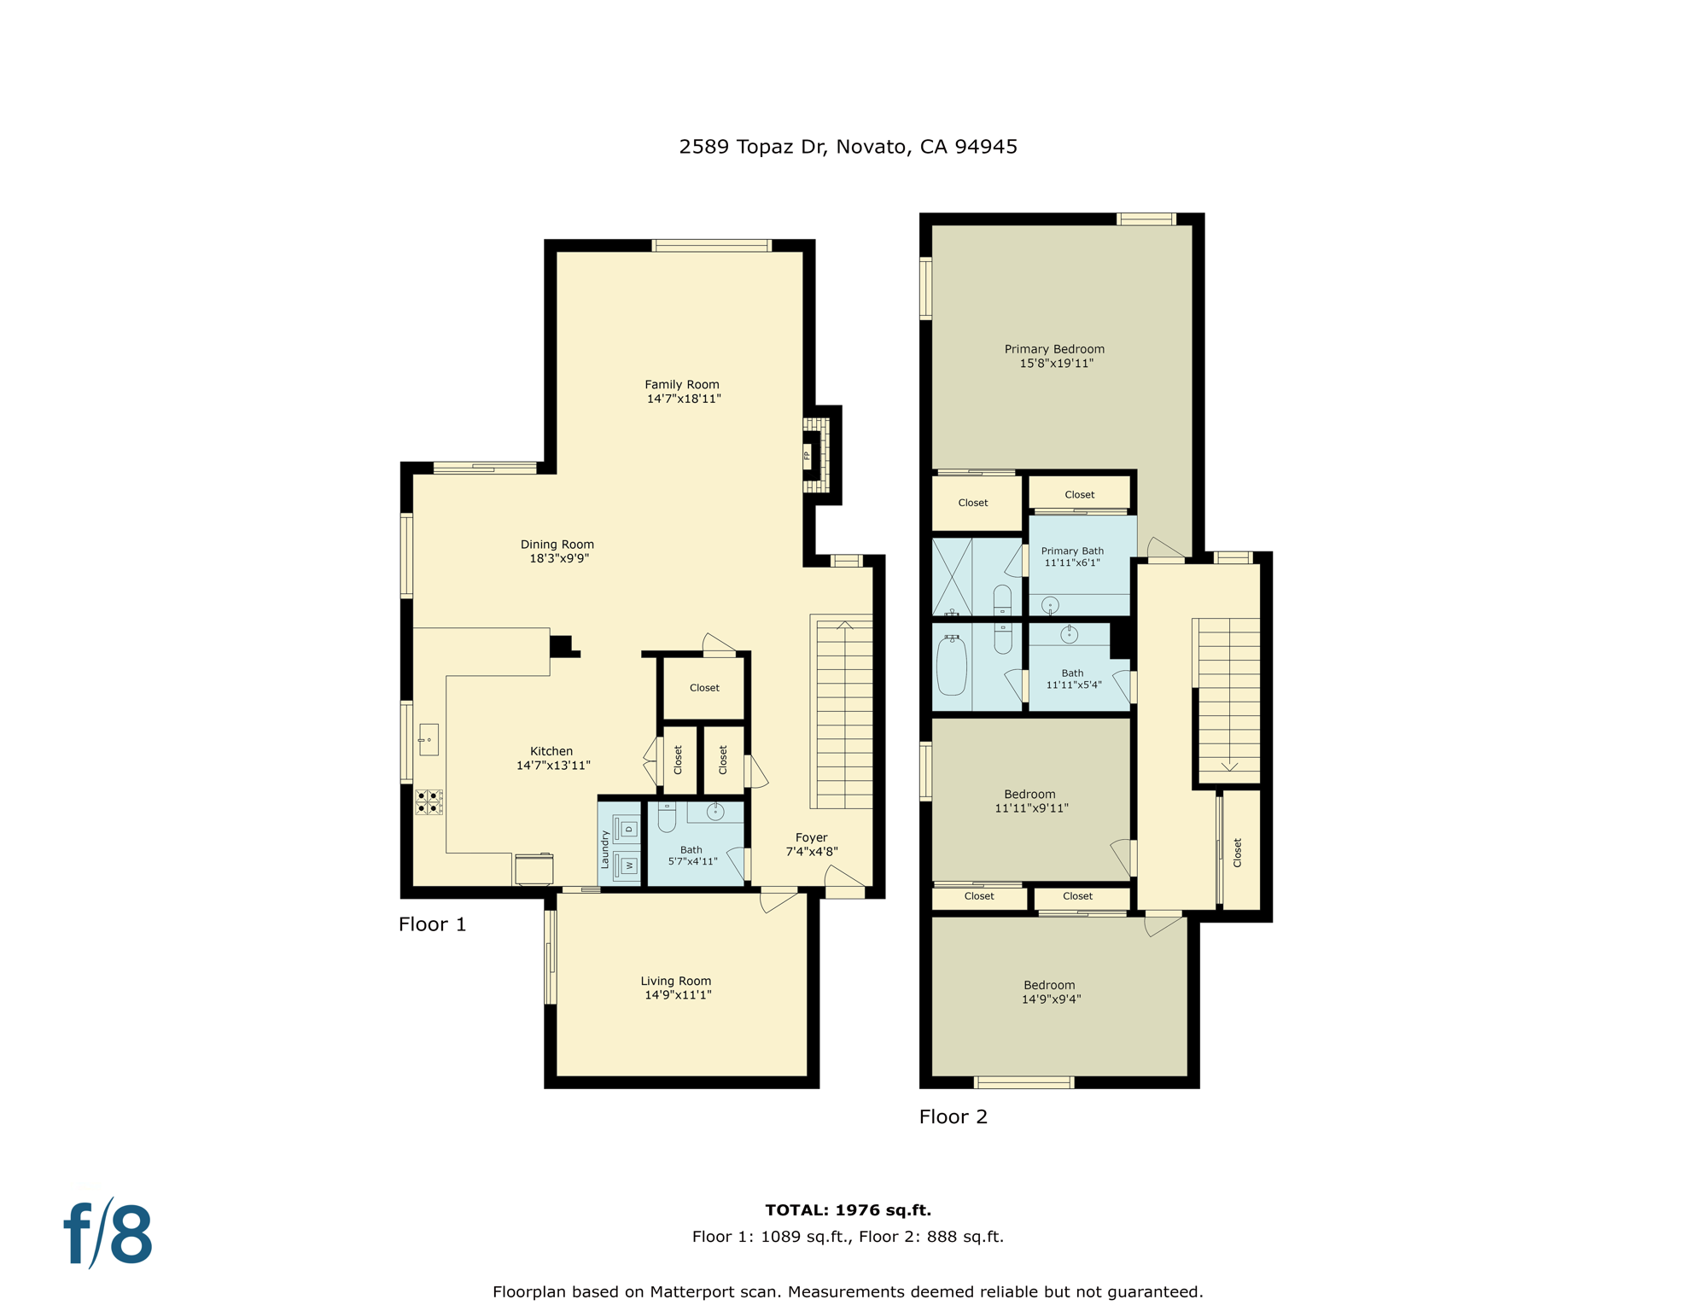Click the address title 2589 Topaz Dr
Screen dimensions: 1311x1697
click(847, 147)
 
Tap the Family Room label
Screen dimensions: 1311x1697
click(682, 385)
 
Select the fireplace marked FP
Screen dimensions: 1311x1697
click(808, 454)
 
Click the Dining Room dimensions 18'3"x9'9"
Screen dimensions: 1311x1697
click(558, 559)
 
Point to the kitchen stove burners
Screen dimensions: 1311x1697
click(429, 802)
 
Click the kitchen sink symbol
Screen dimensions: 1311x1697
click(429, 740)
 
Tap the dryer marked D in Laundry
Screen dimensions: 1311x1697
click(627, 829)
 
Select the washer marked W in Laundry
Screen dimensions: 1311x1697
click(627, 865)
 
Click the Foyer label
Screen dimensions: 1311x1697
click(811, 838)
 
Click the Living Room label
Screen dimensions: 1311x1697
click(676, 982)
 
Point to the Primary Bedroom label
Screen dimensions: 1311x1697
click(1054, 349)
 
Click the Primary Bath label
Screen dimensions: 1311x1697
click(1072, 551)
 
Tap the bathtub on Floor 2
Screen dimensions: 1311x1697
click(952, 666)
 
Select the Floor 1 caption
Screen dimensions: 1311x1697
click(432, 924)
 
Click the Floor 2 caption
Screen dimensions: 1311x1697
click(953, 1116)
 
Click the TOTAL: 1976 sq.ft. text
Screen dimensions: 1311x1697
click(848, 1209)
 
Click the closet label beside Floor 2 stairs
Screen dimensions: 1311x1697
click(1238, 852)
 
